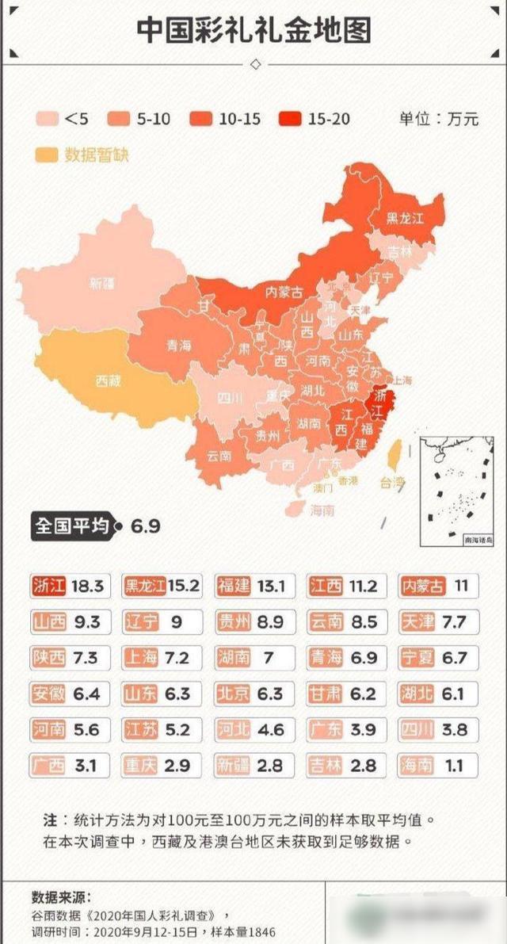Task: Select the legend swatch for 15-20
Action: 292,119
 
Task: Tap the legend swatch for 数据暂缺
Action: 47,154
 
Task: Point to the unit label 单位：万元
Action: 439,119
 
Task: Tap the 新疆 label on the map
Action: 102,283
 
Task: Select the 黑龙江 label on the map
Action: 405,217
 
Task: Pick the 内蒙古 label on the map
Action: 284,292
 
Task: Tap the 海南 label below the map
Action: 322,510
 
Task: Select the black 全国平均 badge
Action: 71,526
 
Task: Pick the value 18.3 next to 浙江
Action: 87,587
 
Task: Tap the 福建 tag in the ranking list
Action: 234,587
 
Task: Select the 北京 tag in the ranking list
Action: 234,694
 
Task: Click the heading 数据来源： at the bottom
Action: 62,897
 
